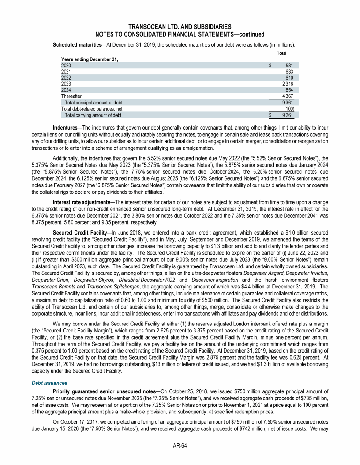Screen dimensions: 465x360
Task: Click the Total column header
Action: (282, 53)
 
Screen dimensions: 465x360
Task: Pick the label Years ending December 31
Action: (90, 59)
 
